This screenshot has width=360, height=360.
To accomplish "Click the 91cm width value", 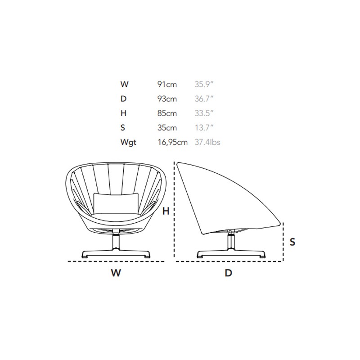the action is (x=167, y=84).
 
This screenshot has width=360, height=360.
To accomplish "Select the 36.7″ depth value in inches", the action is (x=204, y=99).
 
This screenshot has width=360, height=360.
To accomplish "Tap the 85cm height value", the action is (x=167, y=113).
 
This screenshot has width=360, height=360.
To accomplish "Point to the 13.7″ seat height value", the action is (x=204, y=127).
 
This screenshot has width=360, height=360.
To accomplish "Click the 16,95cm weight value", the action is (x=172, y=142).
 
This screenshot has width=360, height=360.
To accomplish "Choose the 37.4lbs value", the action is (x=207, y=142).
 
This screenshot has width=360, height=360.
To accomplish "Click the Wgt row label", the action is (x=128, y=142).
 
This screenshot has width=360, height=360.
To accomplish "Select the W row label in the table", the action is (x=124, y=84).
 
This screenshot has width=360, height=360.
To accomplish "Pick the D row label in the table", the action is (x=123, y=99).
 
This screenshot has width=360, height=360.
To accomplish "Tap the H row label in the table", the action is (x=123, y=113).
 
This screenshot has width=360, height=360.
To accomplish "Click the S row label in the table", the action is (x=123, y=127).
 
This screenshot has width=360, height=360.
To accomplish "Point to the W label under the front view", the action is (x=116, y=273).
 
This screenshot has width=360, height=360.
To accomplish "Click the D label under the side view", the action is (x=229, y=273).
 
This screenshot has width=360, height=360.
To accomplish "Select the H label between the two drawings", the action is (x=166, y=211).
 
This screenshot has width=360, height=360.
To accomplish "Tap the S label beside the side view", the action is (x=292, y=242).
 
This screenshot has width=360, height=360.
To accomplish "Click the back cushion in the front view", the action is (x=116, y=203).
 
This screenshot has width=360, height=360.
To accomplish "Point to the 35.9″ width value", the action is (x=204, y=84).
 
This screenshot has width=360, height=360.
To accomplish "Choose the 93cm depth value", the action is (x=167, y=99).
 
